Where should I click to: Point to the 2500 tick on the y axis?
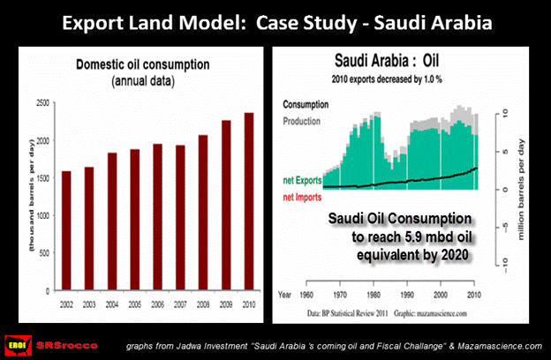[39, 103]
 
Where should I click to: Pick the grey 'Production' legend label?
[306, 119]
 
